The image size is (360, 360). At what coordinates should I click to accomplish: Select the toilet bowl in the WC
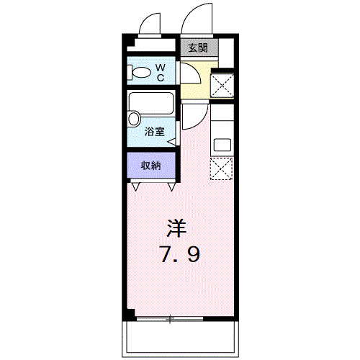[x=142, y=72]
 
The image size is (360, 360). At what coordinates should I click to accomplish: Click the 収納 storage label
[x=150, y=165]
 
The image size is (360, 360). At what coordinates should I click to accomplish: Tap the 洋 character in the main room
[x=177, y=228]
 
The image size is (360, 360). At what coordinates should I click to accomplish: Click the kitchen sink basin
[x=222, y=143]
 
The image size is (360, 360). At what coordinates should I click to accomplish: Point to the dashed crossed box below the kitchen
[x=221, y=168]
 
